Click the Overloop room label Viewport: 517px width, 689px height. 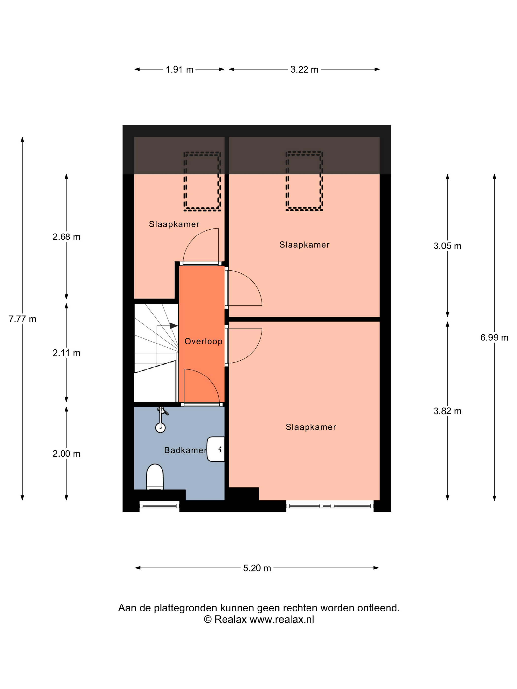pos(203,341)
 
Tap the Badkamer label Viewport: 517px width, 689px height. pos(185,450)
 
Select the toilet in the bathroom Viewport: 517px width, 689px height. pos(155,477)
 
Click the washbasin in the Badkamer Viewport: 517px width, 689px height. pos(216,449)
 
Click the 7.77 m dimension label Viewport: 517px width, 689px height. pos(22,319)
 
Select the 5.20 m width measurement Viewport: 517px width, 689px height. pos(257,568)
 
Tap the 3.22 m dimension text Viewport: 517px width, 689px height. pos(304,69)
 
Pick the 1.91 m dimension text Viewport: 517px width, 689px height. pos(179,69)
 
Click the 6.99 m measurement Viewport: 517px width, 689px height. pos(494,337)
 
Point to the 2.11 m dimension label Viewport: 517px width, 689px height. pos(66,353)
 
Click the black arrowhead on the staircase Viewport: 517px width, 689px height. pos(174,326)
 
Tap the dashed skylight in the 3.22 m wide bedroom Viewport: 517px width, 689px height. pos(304,181)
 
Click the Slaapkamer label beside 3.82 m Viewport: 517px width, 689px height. pos(311,427)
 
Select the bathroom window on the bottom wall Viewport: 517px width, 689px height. pos(159,505)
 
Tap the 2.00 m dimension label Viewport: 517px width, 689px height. pos(66,454)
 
